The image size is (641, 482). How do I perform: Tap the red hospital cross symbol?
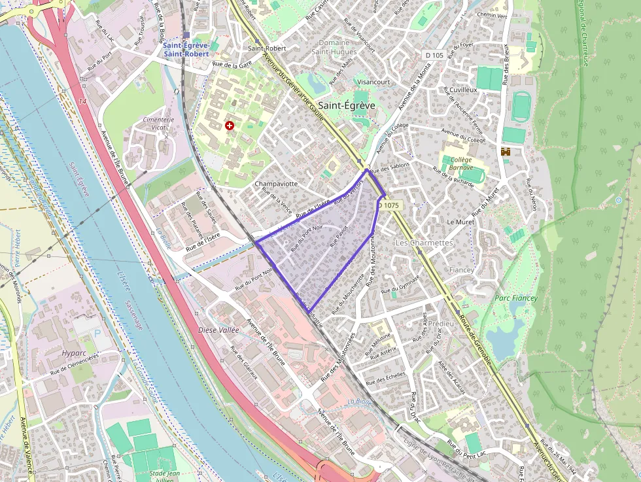click(230, 125)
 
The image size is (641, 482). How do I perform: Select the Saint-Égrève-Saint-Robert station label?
click(186, 50)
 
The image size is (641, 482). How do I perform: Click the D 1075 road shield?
click(389, 205)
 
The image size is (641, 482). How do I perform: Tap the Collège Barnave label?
click(461, 163)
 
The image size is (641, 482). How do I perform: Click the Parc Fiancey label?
click(515, 298)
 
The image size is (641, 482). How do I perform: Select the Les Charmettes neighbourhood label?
click(424, 243)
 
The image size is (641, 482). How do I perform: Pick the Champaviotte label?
click(276, 184)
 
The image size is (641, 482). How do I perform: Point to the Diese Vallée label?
click(218, 330)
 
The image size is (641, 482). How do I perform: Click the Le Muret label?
click(460, 222)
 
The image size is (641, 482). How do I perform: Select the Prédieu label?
click(443, 324)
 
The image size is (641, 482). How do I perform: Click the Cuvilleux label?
click(463, 89)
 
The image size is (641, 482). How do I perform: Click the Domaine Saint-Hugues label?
click(334, 47)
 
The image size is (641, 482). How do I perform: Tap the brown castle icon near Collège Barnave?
click(505, 152)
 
